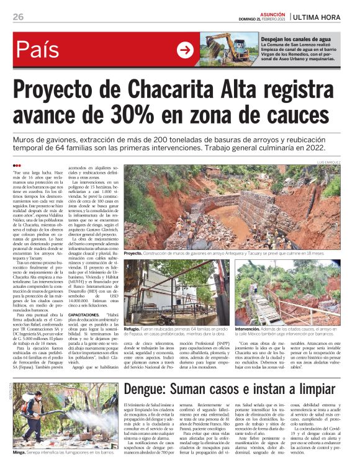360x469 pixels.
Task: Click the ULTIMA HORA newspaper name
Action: (x=323, y=16)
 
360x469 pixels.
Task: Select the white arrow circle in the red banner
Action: (x=185, y=50)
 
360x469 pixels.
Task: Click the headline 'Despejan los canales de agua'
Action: (x=291, y=38)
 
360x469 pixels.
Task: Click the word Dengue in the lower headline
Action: (x=153, y=372)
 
